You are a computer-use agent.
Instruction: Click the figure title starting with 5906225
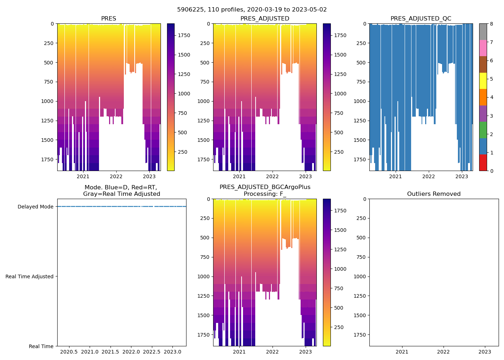(252, 10)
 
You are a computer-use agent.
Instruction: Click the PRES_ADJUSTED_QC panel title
(420, 19)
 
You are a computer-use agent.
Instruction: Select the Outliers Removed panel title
(433, 194)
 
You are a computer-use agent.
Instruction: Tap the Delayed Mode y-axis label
(35, 207)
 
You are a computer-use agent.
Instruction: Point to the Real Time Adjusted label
(30, 276)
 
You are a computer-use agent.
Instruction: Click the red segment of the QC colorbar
(483, 162)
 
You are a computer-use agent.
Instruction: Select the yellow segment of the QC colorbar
(483, 81)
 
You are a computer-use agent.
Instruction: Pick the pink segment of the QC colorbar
(483, 48)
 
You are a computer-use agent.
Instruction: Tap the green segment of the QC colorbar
(483, 130)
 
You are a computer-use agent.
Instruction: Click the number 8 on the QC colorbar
(491, 24)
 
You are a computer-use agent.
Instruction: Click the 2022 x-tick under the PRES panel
(116, 176)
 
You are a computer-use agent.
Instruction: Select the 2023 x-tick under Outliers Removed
(485, 352)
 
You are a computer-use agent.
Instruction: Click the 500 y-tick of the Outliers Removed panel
(362, 238)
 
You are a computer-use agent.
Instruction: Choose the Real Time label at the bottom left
(41, 346)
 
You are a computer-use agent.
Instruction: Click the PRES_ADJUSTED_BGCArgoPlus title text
(265, 187)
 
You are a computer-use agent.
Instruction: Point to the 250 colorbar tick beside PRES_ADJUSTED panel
(339, 152)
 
